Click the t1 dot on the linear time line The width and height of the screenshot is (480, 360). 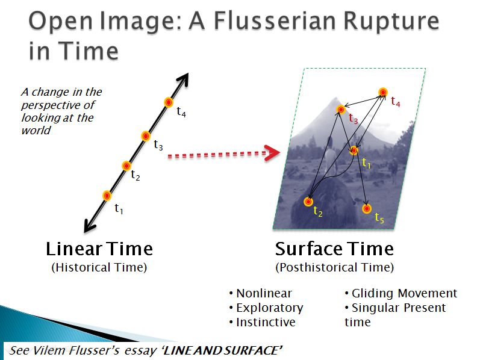click(x=107, y=196)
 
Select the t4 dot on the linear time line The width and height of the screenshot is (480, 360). click(x=169, y=102)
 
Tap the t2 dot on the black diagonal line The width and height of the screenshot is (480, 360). click(x=126, y=166)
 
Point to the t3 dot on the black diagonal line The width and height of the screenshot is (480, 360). click(x=146, y=136)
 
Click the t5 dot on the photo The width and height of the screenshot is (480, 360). click(x=367, y=209)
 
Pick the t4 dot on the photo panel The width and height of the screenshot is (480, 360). click(x=383, y=92)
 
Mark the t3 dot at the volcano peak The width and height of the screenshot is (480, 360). click(x=341, y=110)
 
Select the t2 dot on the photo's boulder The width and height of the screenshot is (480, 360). click(x=308, y=202)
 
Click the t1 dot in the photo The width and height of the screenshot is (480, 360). click(x=354, y=151)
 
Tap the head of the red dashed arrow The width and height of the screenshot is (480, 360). click(x=272, y=153)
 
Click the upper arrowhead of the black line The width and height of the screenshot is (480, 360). click(x=183, y=79)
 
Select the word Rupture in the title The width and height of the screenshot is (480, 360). click(x=391, y=22)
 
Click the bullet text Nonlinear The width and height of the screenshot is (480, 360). click(x=264, y=293)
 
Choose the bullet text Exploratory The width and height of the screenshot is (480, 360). click(x=270, y=308)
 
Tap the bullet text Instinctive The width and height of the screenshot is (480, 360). click(x=266, y=322)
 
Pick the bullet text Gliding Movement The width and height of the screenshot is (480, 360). click(x=404, y=294)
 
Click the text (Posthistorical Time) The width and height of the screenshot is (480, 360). click(x=335, y=267)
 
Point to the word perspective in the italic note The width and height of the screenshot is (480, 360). click(x=58, y=105)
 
